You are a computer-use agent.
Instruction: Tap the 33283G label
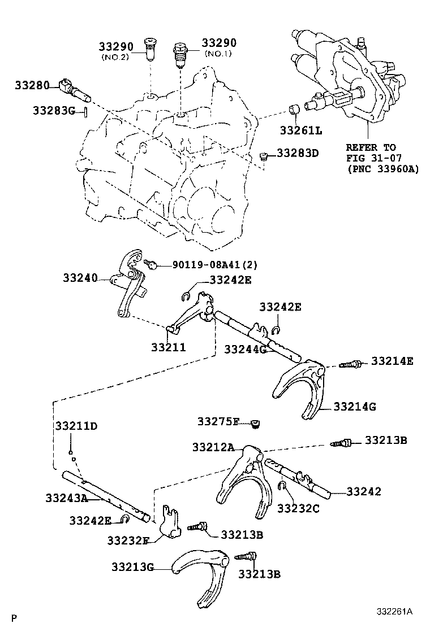(53, 111)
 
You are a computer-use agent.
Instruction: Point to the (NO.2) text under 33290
(116, 57)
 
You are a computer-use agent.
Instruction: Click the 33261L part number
(300, 130)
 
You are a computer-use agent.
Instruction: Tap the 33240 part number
(80, 278)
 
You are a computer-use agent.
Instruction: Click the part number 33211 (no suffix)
(168, 347)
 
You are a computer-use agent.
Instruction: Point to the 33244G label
(244, 350)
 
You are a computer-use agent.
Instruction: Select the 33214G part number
(355, 406)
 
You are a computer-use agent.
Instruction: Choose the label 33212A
(213, 447)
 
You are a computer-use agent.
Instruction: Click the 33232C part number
(298, 508)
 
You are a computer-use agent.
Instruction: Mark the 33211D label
(76, 425)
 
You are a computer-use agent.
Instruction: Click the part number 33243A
(66, 498)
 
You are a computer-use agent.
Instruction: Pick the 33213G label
(132, 567)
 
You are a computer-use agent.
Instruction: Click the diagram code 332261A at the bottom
(395, 612)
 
